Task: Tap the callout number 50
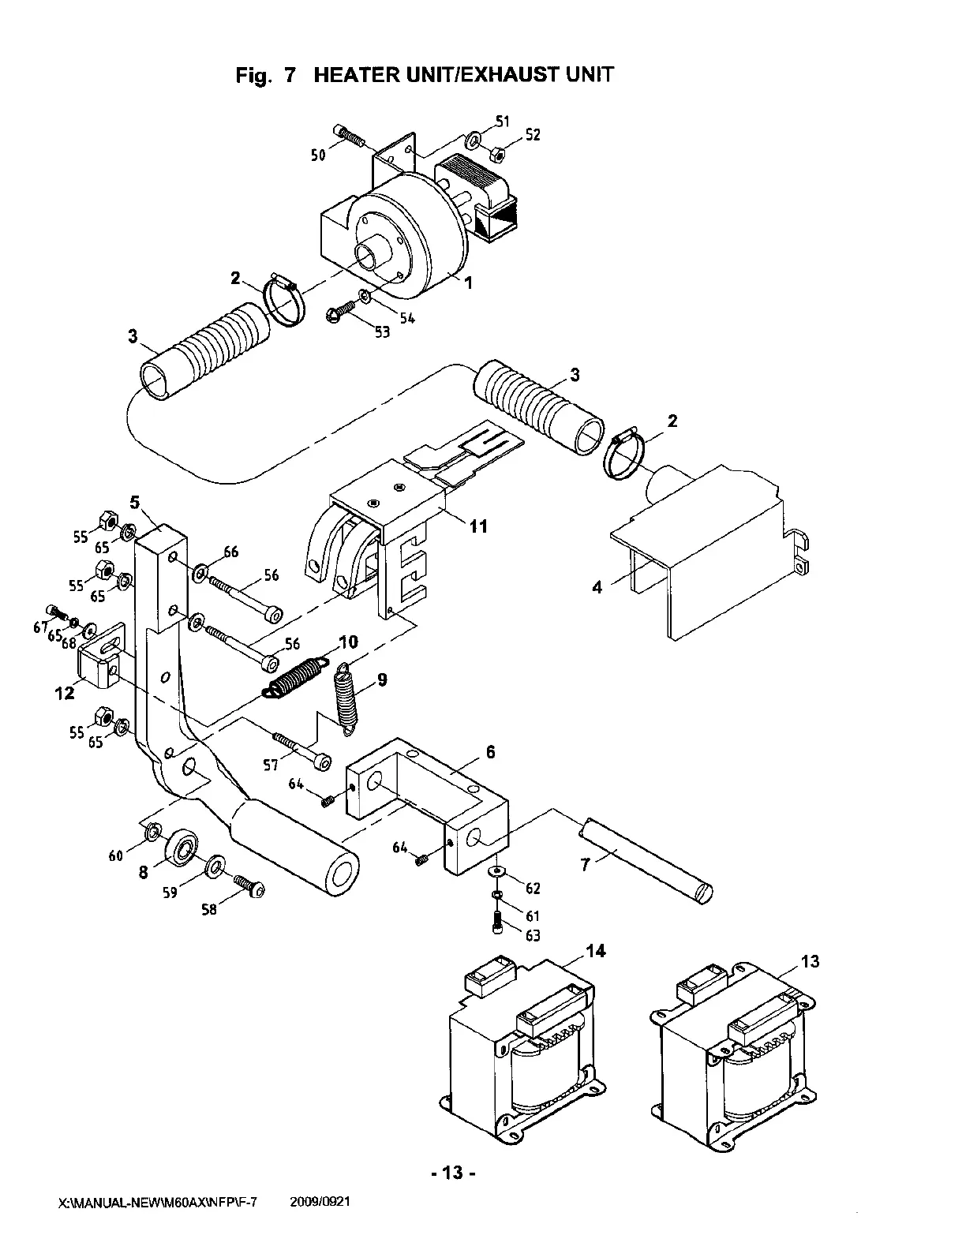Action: pos(318,155)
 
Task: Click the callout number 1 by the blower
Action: pos(468,283)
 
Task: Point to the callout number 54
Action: pos(407,318)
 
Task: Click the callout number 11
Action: pos(479,526)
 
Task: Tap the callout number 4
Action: pos(597,587)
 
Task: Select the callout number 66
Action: pos(231,552)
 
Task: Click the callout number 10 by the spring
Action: pos(349,642)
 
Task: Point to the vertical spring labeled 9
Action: pos(347,699)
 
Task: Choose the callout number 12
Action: pos(65,693)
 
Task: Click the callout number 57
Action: pos(271,765)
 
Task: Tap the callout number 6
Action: pos(490,752)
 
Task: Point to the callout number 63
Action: pos(533,936)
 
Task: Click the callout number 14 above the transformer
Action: pos(596,952)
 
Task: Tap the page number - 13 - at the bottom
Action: pos(453,1173)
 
